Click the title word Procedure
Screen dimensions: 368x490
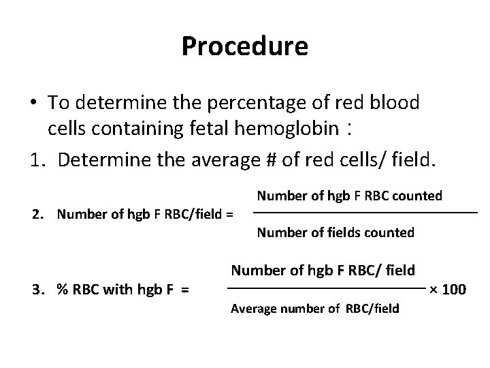pos(245,46)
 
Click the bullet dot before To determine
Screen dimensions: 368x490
pos(33,103)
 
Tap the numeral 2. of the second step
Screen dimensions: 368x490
pos(39,215)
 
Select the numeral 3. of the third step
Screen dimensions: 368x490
pos(39,290)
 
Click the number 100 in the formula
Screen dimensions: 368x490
pos(454,290)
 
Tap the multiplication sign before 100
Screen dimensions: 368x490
pos(434,290)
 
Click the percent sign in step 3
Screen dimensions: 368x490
pos(62,290)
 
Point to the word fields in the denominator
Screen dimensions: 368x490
pos(340,233)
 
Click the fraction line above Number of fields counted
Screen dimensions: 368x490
pos(367,215)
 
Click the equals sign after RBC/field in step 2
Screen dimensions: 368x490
pos(229,215)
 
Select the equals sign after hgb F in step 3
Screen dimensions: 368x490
pos(185,290)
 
